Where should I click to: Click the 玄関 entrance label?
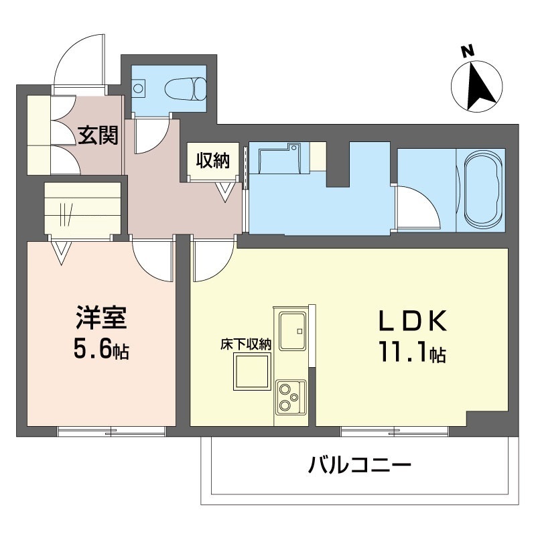98,135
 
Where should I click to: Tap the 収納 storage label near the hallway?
212,160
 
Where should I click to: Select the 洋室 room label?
101,318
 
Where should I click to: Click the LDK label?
413,320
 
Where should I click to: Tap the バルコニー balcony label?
360,465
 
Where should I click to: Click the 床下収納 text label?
246,344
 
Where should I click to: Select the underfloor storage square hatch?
253,371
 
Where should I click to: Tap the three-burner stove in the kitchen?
291,397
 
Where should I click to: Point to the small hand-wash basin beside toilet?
139,88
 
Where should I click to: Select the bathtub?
482,190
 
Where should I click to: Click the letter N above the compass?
468,52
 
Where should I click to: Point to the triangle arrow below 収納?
225,192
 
